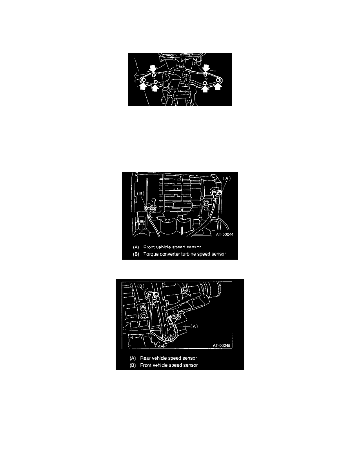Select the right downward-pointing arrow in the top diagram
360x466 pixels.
205,68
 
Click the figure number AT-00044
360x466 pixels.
225,235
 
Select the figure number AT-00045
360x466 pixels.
222,346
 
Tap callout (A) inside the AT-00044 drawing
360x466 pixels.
227,178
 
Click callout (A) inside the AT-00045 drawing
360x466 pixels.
194,326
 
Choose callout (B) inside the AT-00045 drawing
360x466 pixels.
141,286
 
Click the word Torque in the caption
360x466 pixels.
150,255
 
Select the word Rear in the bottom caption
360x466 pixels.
145,358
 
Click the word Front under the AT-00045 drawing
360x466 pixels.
146,365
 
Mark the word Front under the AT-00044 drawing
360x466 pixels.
149,247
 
